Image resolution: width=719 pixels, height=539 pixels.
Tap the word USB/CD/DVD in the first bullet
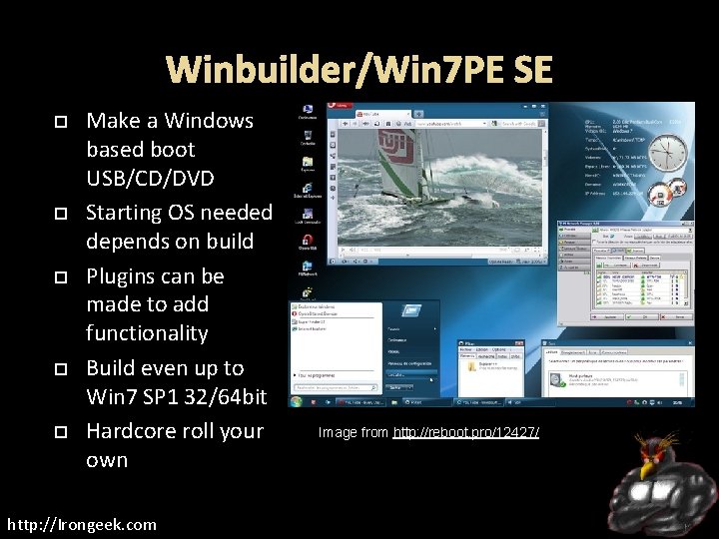(150, 178)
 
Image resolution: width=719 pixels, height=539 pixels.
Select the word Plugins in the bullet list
(125, 275)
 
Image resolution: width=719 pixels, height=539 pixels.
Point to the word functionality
(147, 332)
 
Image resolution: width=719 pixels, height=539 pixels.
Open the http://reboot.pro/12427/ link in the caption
(466, 432)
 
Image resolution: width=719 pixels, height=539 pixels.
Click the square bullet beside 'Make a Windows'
(59, 121)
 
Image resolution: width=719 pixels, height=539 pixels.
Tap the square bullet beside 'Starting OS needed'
(59, 213)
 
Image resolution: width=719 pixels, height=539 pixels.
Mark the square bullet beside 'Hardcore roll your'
(59, 431)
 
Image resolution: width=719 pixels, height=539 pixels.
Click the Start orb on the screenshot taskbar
(296, 401)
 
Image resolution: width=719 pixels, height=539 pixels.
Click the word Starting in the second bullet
(122, 213)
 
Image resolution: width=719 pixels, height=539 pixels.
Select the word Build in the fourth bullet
(112, 368)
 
